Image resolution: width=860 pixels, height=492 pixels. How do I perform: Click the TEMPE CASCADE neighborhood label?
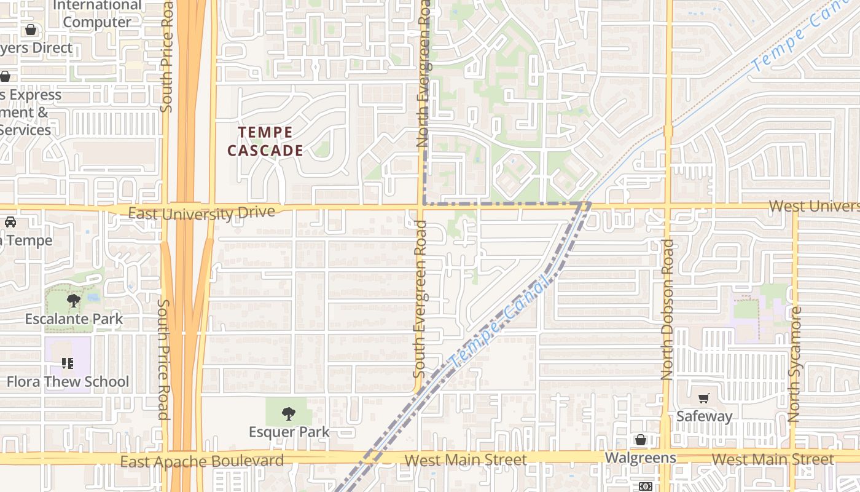coord(265,141)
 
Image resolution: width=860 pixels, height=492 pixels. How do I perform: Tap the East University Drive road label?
coord(201,213)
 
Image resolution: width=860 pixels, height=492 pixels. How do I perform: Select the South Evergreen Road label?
coord(420,299)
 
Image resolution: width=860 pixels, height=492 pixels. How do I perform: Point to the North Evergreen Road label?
coord(423,74)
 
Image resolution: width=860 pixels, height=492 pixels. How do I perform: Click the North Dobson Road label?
coord(668,309)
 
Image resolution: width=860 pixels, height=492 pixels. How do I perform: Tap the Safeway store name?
coord(704,416)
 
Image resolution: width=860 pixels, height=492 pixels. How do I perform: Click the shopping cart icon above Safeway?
coord(704,399)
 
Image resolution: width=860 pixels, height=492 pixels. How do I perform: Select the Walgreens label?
coord(640,458)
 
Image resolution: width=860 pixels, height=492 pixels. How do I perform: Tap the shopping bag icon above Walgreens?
coord(641,440)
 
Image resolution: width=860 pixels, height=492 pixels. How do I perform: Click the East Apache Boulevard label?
coord(202,461)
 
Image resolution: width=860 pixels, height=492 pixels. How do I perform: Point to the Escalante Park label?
coord(74,319)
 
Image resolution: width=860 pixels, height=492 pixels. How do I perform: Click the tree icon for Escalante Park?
coord(74,301)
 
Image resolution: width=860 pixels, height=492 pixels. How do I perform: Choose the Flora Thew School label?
coord(68,382)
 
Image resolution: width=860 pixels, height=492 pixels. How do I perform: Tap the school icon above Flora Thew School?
coord(68,363)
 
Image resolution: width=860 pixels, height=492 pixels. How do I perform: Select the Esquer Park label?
coord(289,432)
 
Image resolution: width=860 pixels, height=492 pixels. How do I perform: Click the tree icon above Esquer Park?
coord(288,414)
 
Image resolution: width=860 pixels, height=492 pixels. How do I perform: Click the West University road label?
coord(813,206)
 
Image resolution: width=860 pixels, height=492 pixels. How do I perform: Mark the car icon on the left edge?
coord(10,222)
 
